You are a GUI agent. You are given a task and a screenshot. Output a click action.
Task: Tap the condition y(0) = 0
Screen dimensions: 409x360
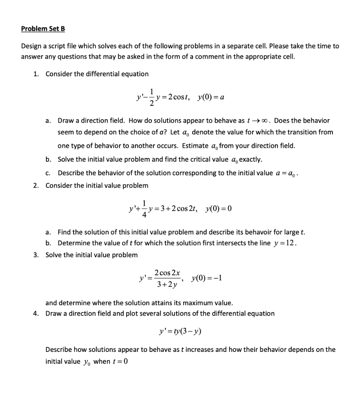coord(218,208)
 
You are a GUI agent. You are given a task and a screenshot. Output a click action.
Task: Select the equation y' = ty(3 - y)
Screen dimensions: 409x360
coord(180,331)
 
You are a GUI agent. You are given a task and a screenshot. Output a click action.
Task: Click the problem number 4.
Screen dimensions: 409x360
coord(36,314)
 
